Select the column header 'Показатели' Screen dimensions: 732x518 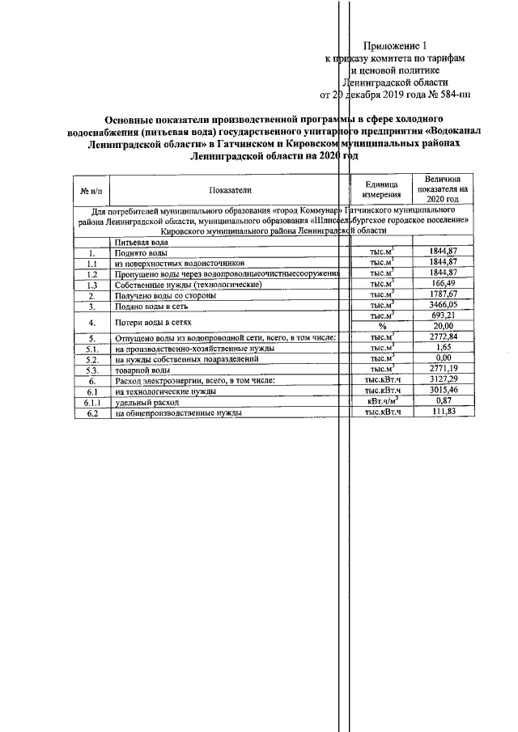pyautogui.click(x=229, y=189)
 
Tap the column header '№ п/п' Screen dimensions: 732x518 pyautogui.click(x=92, y=190)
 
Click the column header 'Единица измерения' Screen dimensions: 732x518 pyautogui.click(x=381, y=190)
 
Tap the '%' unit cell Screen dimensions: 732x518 pyautogui.click(x=383, y=327)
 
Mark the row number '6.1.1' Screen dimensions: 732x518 pyautogui.click(x=92, y=401)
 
